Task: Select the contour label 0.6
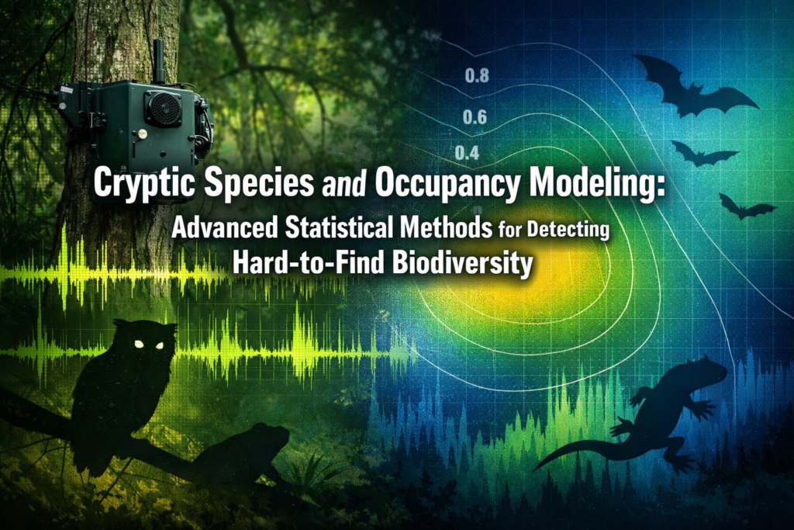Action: (x=474, y=118)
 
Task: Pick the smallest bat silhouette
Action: (x=745, y=206)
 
